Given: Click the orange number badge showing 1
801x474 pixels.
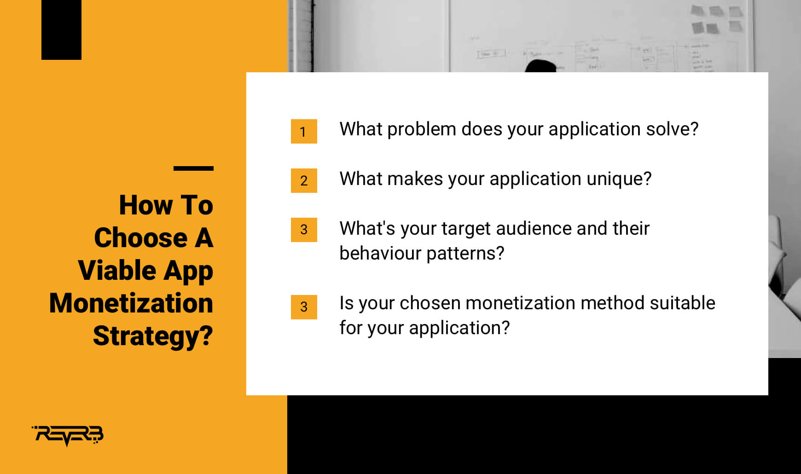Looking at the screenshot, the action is click(x=304, y=132).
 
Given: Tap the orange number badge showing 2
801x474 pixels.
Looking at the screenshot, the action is click(x=304, y=180).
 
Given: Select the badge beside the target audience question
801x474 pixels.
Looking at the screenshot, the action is click(x=304, y=230).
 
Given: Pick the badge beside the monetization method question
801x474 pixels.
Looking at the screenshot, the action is click(x=304, y=307).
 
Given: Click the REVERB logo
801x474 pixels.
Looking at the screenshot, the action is click(x=68, y=435).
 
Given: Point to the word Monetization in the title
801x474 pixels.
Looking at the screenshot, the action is click(x=131, y=303).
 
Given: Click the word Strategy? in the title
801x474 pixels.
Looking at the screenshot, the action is click(x=153, y=336).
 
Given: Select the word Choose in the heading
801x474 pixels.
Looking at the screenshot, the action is click(x=141, y=237).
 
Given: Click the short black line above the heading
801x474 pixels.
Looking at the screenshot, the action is click(x=193, y=168).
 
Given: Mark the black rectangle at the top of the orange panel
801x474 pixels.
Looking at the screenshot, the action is click(x=61, y=30).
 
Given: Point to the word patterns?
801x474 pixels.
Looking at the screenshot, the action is click(x=465, y=254).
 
